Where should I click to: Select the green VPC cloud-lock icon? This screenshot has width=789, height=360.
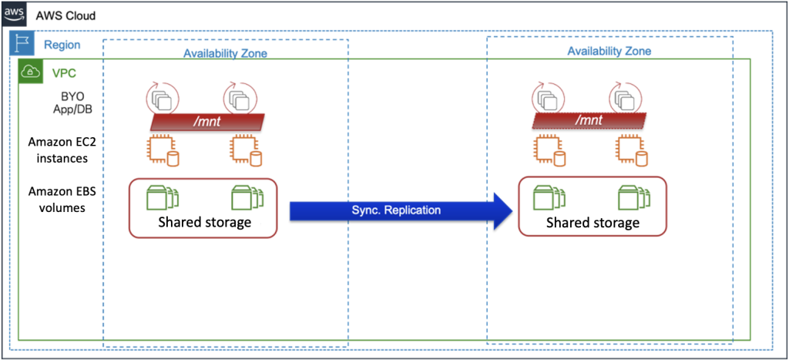coord(30,72)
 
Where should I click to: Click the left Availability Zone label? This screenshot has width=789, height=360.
coord(225,54)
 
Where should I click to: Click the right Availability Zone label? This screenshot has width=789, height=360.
coord(609,52)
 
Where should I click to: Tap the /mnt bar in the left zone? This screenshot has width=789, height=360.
coord(206,121)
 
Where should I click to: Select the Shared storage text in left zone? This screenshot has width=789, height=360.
coord(205,223)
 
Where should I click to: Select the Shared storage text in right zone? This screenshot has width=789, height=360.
coord(592,223)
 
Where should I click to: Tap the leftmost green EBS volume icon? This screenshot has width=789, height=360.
coord(163,197)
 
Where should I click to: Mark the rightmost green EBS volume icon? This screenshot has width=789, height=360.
coord(633,197)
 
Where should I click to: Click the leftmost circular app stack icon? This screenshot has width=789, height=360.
coord(162,99)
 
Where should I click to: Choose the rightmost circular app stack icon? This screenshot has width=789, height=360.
coord(625,99)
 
